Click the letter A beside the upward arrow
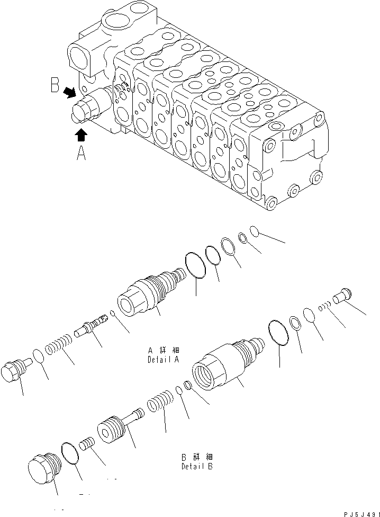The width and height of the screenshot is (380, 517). (82, 154)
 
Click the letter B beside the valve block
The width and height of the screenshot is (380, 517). (55, 86)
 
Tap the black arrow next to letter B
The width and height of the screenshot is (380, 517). (69, 93)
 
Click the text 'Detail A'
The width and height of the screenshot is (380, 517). (164, 355)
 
